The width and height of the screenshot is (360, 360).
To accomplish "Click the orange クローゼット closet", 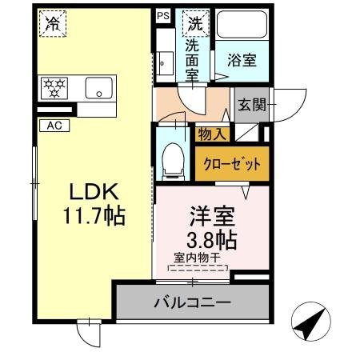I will point(230,164).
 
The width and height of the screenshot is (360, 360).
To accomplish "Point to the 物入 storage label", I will point(212,134).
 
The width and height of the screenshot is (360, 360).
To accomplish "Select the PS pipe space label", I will point(163,14).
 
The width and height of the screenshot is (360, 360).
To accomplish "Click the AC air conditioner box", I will point(54,125).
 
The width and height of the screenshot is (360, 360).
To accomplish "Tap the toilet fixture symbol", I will point(172,161).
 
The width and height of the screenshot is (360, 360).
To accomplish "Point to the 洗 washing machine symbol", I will point(194,23).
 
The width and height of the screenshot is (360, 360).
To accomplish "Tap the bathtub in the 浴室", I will point(242,29).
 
